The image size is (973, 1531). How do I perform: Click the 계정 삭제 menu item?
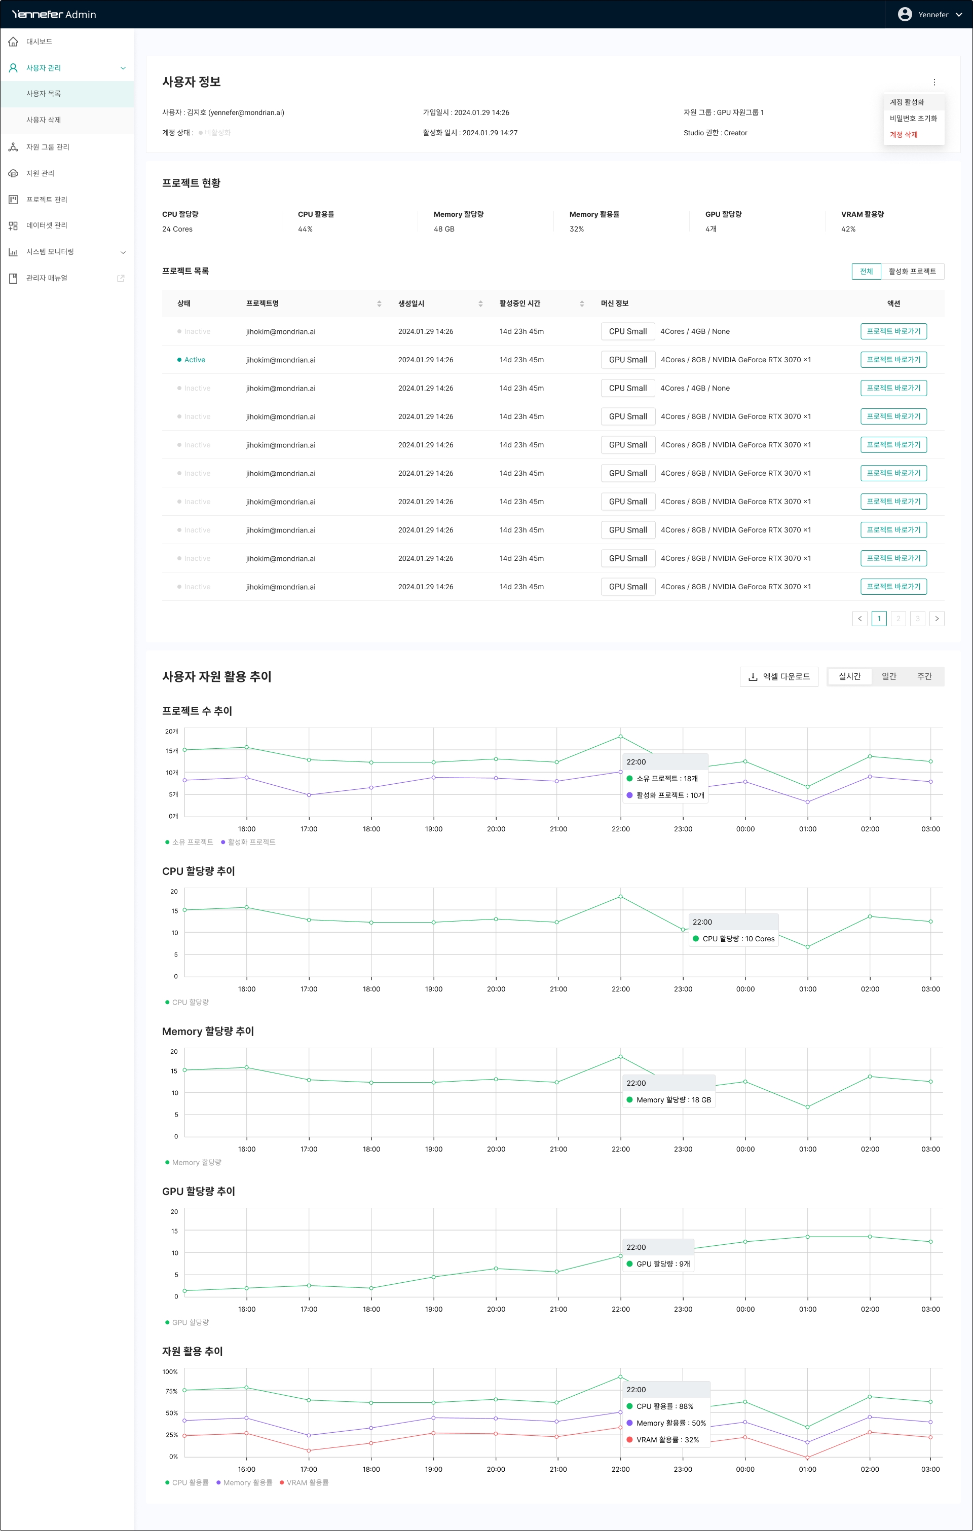[903, 135]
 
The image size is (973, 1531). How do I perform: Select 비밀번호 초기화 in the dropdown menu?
[913, 118]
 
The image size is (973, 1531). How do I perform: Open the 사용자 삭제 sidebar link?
[43, 120]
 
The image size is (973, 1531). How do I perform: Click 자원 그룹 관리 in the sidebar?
[47, 147]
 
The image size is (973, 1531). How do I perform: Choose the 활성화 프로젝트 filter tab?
[912, 272]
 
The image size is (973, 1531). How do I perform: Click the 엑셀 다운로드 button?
[779, 676]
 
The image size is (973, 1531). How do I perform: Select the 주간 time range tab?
[924, 676]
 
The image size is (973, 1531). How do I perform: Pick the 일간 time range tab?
[888, 676]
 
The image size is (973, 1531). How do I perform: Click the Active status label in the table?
[194, 360]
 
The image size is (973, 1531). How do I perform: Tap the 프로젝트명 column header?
[263, 304]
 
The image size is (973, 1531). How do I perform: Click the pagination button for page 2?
[898, 619]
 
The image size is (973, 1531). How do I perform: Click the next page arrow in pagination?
[936, 619]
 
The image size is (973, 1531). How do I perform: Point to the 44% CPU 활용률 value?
[305, 229]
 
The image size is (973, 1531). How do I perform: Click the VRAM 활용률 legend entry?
[307, 1483]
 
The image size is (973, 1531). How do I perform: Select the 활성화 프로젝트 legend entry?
[251, 843]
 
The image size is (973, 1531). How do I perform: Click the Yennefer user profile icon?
[904, 15]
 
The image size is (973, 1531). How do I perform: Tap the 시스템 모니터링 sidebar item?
[50, 252]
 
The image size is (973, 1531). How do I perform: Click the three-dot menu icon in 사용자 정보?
[934, 82]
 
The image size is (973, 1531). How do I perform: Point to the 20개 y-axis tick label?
[172, 732]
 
